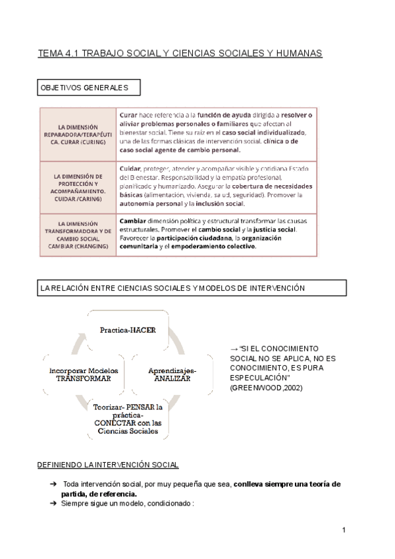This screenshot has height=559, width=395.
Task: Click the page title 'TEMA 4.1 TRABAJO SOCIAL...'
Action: coord(180,53)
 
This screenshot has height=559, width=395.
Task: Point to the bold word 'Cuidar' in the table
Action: coord(130,168)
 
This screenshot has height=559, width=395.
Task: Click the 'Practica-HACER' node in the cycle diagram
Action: coord(128,330)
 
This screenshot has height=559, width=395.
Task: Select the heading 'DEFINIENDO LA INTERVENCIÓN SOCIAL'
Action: coord(107,465)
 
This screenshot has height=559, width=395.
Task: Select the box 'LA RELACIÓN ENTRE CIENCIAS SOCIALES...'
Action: coord(191,288)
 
